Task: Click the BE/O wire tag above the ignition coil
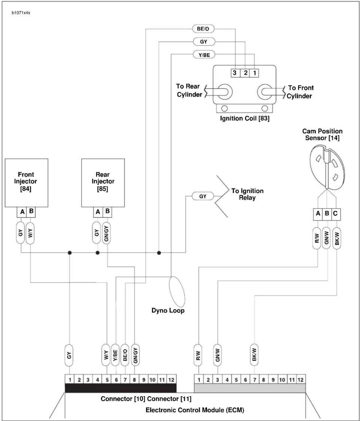point(203,29)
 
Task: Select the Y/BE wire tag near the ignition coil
point(204,55)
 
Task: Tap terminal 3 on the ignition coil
point(235,73)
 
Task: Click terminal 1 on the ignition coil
point(255,73)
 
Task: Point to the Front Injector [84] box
point(27,183)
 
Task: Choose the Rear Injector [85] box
point(103,183)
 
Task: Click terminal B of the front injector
point(31,212)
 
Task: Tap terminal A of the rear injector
point(98,212)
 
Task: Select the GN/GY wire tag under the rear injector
point(106,233)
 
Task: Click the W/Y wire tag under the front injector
point(30,233)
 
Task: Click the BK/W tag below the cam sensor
point(337,238)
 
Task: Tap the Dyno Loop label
point(168,310)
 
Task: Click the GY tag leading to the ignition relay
point(203,196)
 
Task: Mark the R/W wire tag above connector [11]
point(198,355)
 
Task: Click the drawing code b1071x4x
point(21,13)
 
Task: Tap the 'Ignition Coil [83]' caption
point(245,118)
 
